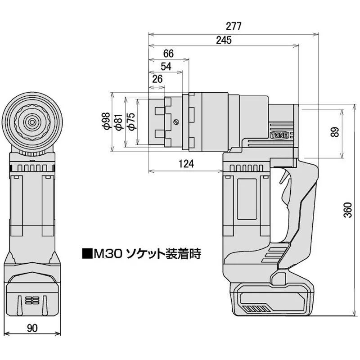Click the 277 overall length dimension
(234, 26)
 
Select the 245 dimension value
(223, 40)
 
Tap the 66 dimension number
(168, 53)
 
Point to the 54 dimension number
(166, 66)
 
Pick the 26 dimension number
(157, 79)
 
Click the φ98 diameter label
(106, 121)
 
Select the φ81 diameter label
(118, 121)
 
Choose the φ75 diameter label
(130, 121)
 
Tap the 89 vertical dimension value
(334, 133)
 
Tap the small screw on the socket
(176, 121)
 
